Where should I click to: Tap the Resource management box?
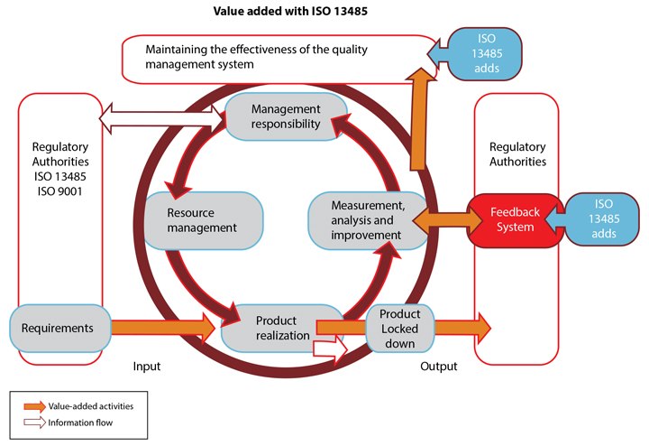(202, 220)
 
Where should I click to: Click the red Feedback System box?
(515, 219)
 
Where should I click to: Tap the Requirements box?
(58, 328)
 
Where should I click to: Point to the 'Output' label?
(439, 367)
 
